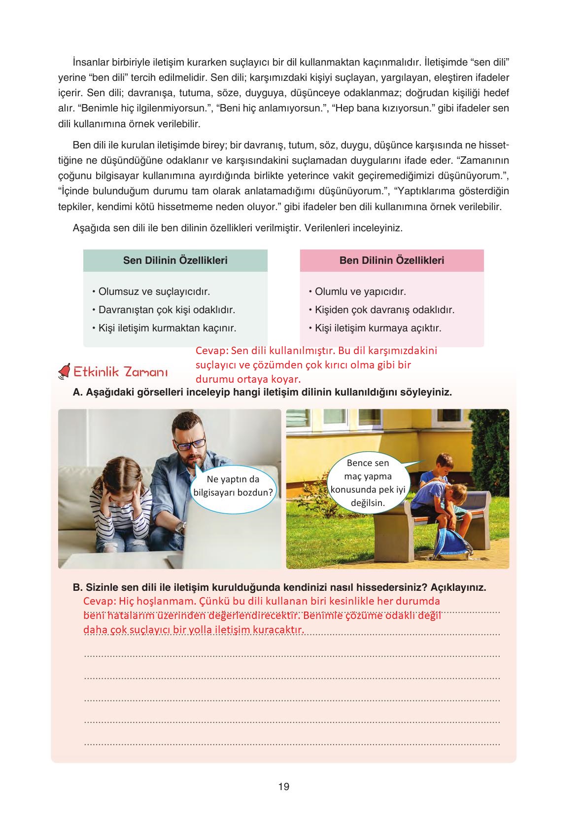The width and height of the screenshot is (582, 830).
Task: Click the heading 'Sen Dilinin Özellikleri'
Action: point(175,260)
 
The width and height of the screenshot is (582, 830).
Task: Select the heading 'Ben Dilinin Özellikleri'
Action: point(392,260)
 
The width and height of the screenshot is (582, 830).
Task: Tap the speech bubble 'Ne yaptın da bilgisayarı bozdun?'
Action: point(233,486)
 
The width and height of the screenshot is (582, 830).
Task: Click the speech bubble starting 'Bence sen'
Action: point(368,483)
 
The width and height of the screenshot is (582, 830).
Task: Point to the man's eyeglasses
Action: point(190,446)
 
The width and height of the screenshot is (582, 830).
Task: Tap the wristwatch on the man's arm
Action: point(181,527)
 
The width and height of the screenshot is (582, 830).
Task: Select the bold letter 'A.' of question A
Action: point(76,393)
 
